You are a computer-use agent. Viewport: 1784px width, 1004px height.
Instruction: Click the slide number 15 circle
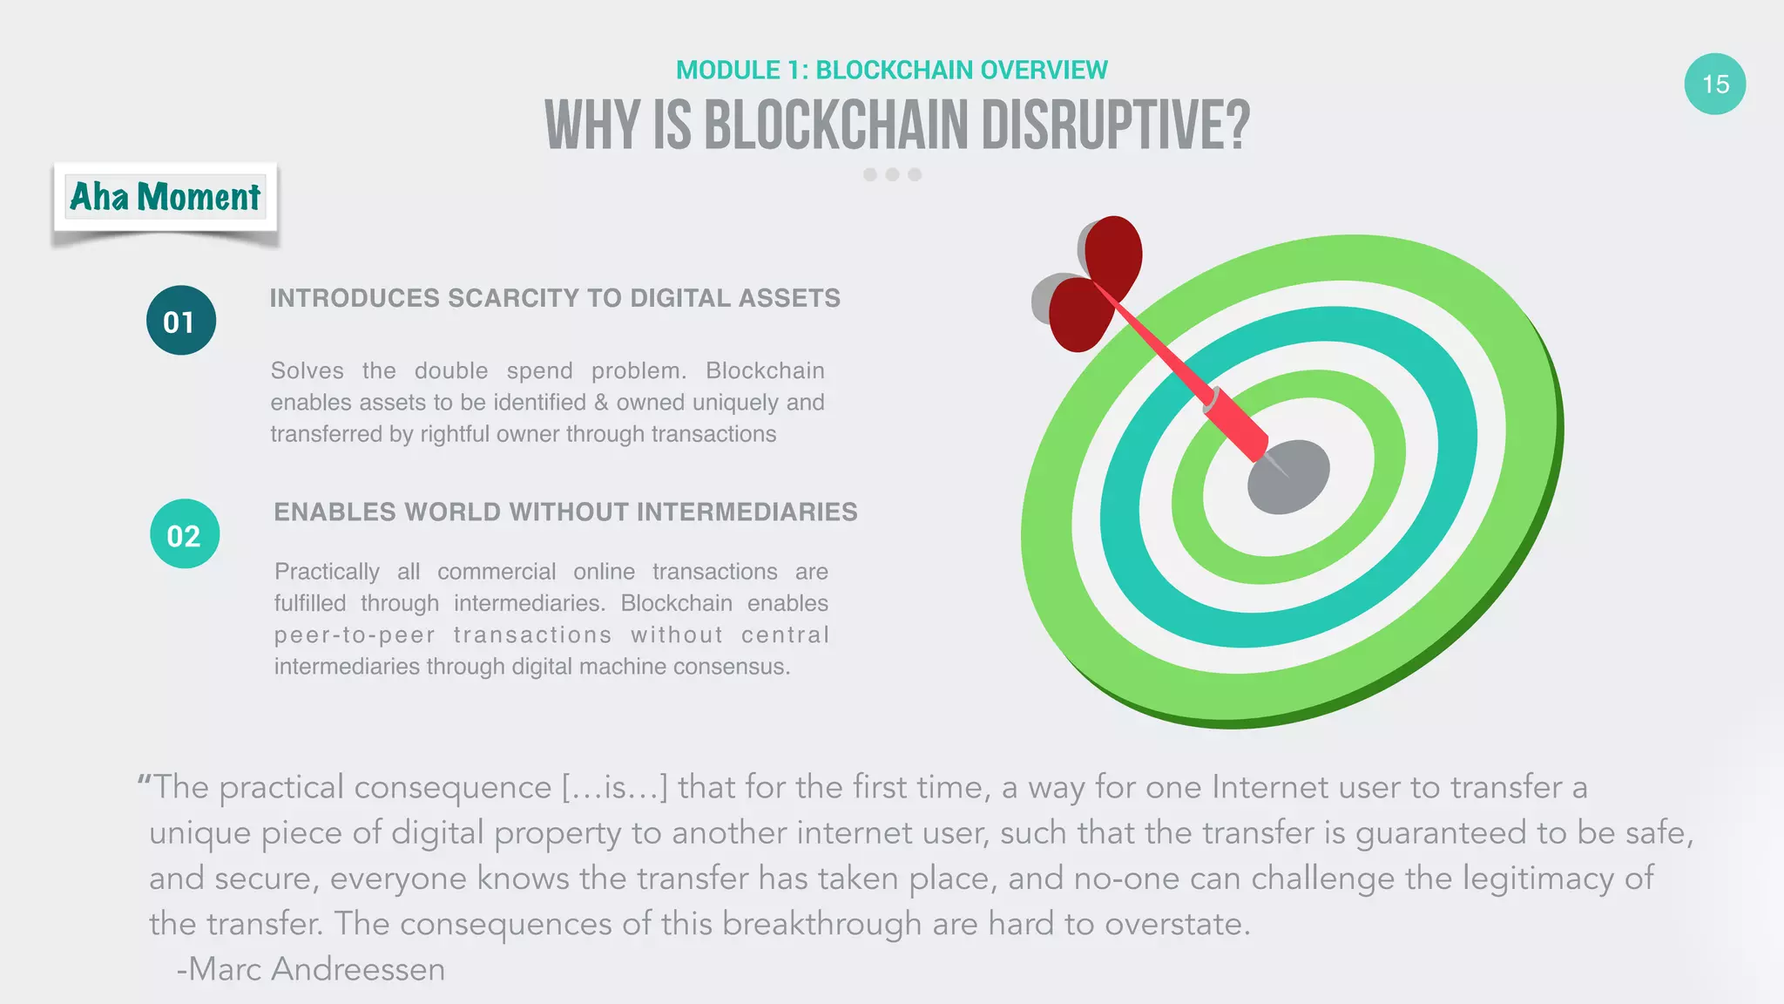(x=1714, y=84)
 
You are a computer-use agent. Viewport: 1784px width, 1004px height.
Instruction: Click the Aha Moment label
(x=165, y=197)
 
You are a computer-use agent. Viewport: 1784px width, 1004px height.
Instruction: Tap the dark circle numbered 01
(x=180, y=321)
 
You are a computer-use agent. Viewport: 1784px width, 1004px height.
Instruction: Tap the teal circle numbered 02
(x=184, y=534)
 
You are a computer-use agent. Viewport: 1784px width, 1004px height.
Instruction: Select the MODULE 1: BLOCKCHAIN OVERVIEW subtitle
(x=891, y=70)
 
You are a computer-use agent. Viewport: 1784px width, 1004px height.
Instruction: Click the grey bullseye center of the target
(x=1289, y=478)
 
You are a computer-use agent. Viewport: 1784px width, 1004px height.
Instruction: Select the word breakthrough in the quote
(x=821, y=924)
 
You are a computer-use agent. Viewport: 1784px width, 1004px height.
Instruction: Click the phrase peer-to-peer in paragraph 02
(x=355, y=635)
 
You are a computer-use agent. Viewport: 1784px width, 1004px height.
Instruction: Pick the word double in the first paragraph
(x=450, y=370)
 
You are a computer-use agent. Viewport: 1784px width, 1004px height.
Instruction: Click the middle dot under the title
(x=892, y=174)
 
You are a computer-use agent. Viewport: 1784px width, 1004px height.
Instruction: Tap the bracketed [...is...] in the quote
(x=614, y=788)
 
